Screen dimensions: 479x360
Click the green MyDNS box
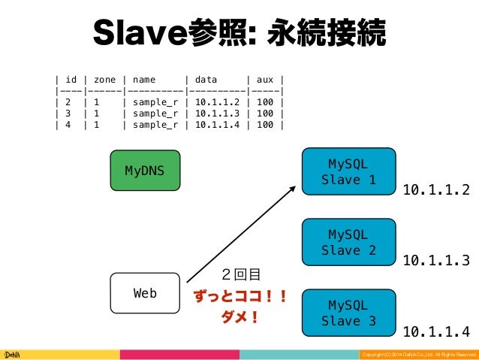coord(146,171)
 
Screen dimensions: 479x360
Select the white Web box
coord(146,293)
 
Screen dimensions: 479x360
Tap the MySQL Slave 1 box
coord(348,171)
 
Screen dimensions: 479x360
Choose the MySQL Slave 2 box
coord(348,241)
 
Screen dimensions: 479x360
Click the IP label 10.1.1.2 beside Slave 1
coord(436,190)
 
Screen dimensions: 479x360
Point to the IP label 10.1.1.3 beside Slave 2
coord(436,261)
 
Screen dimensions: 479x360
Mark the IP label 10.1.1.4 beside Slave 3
coord(436,331)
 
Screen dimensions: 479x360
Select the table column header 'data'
coord(206,79)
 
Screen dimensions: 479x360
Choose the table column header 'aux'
coord(265,79)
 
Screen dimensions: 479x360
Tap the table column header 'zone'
coord(105,79)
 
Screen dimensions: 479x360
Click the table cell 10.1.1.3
coord(218,113)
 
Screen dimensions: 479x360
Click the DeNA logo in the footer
coord(13,353)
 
